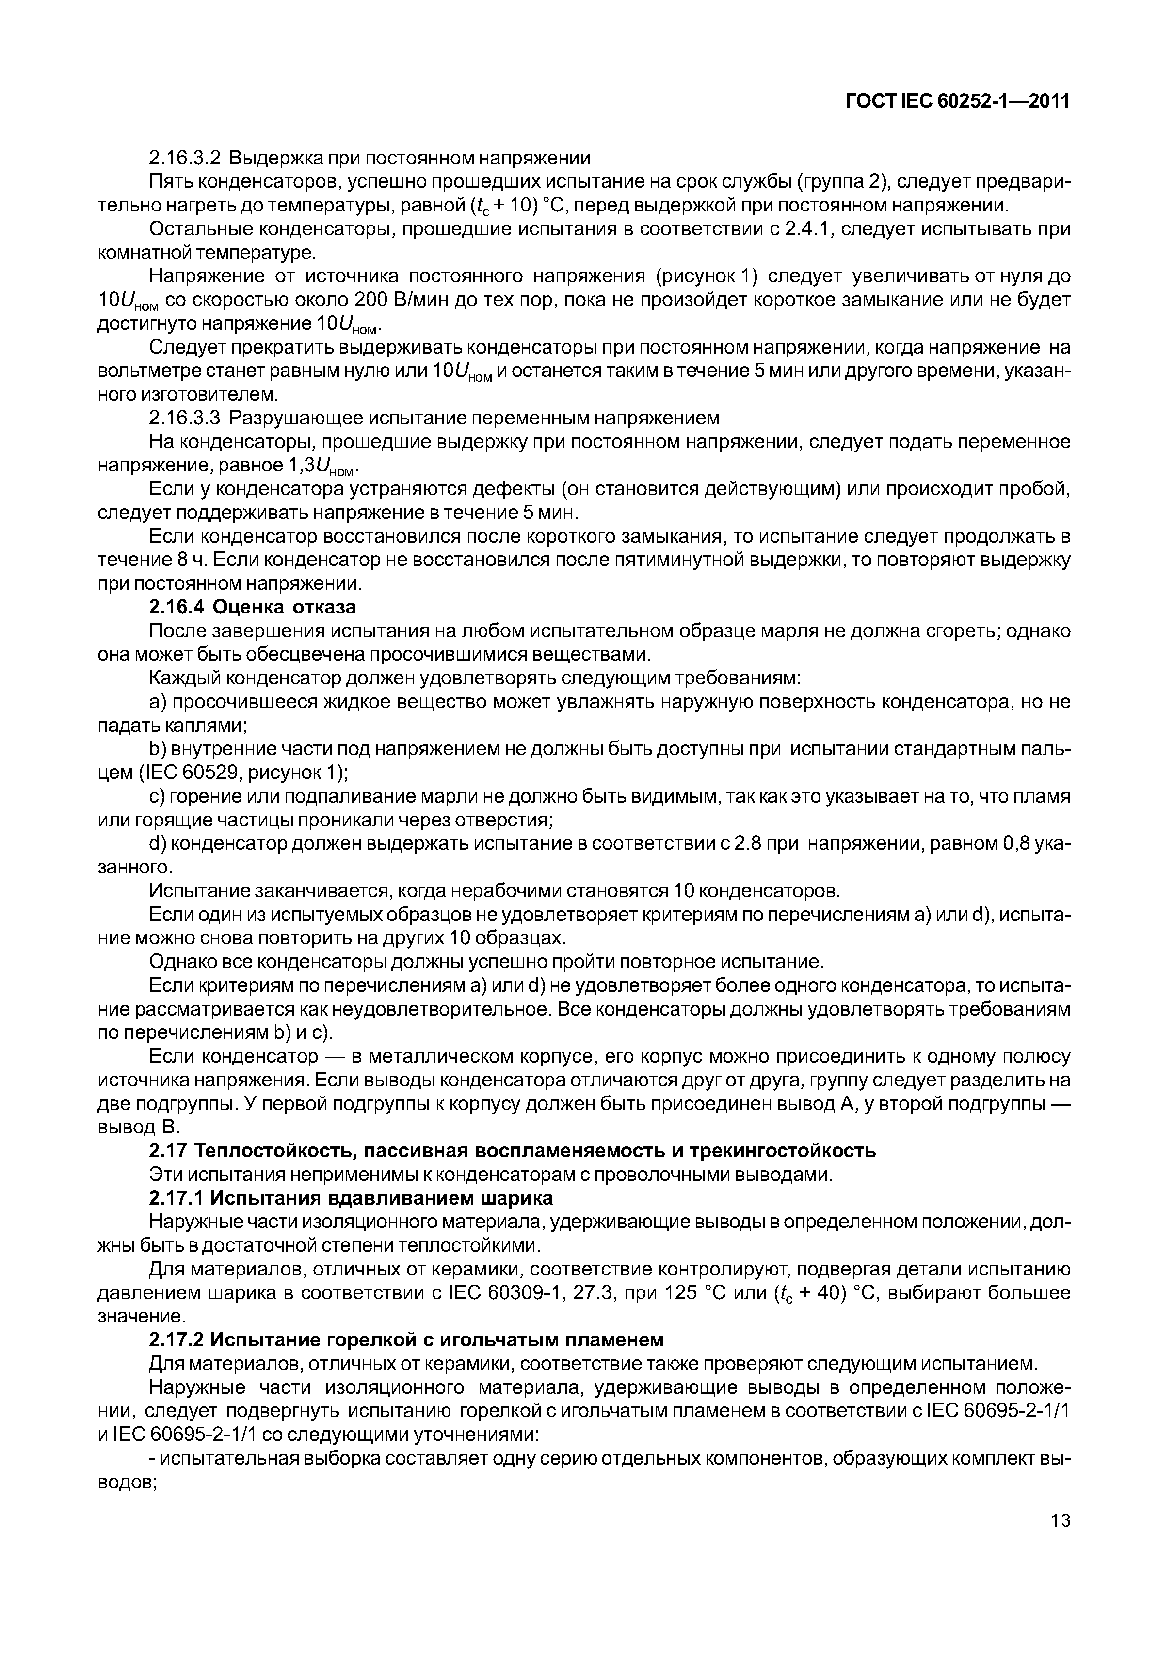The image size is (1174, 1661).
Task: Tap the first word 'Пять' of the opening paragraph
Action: pos(171,181)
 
